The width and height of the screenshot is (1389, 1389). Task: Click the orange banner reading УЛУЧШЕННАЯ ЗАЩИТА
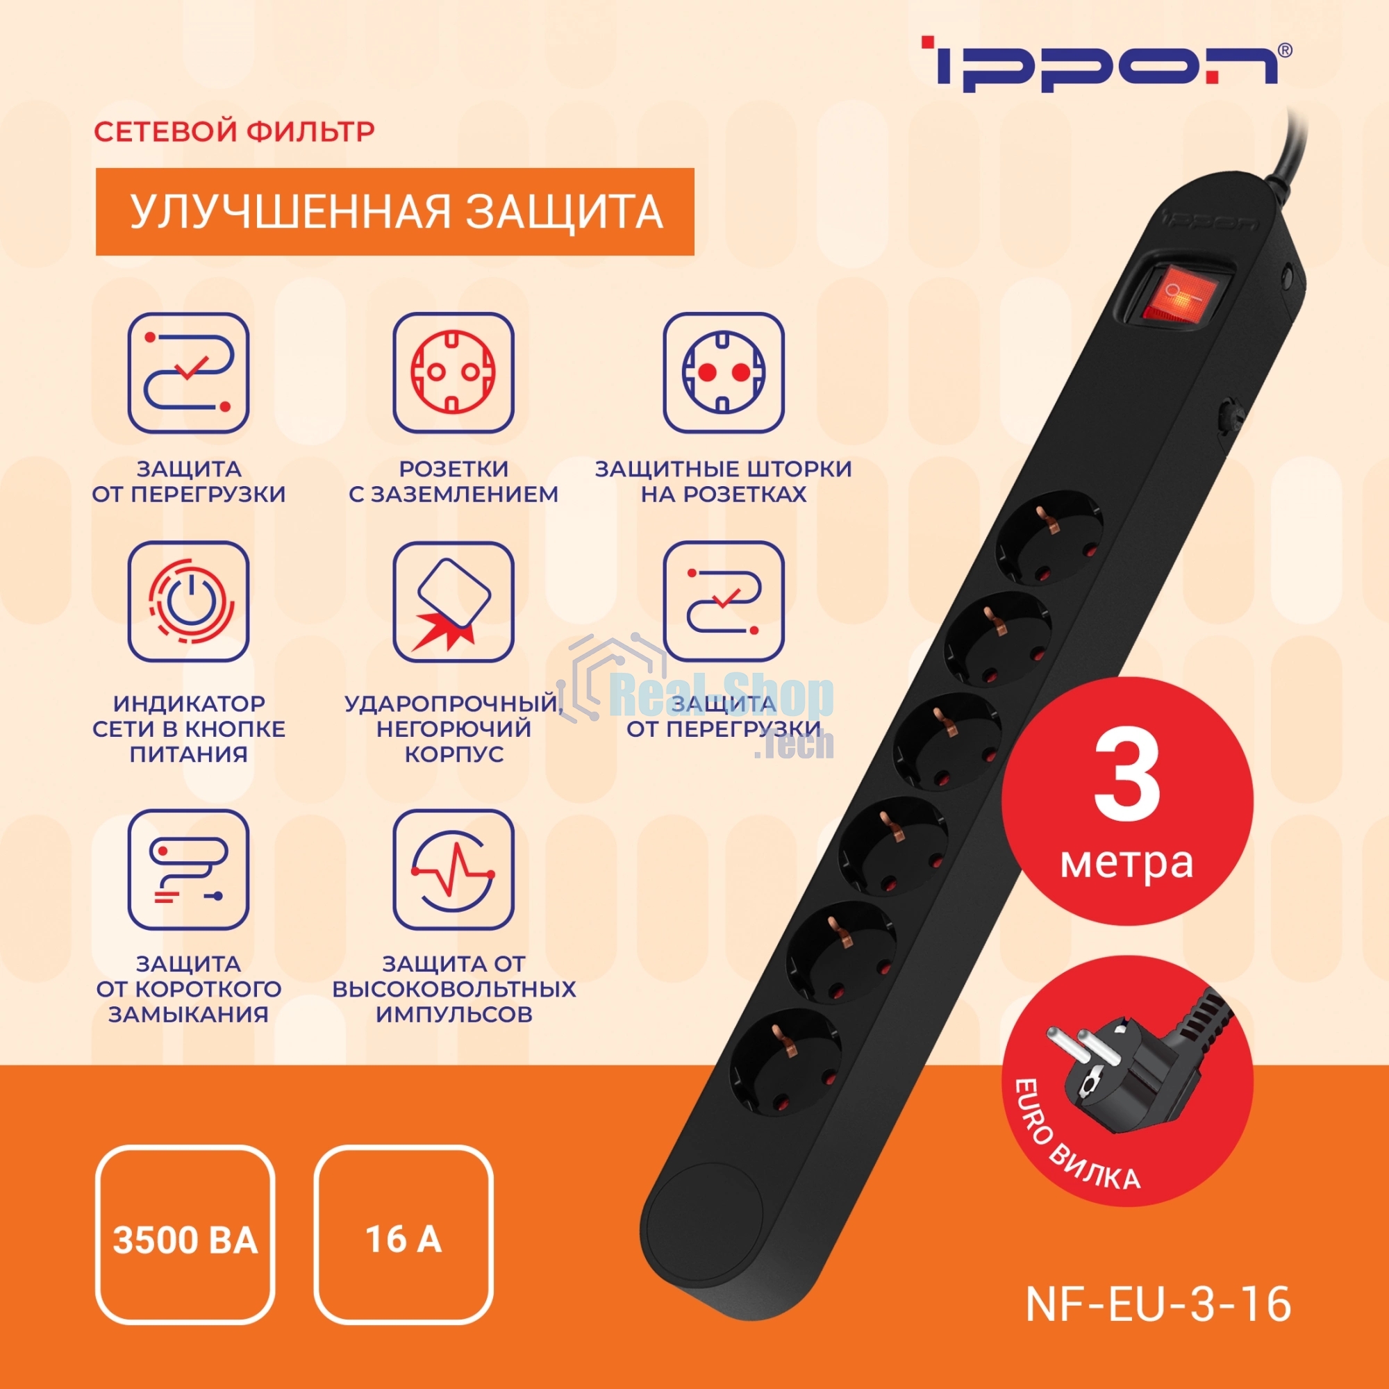point(394,211)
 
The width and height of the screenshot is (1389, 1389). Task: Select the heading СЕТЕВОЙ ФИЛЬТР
point(233,131)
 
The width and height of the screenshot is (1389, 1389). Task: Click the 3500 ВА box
point(185,1240)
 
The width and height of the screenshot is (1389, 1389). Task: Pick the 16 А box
point(404,1240)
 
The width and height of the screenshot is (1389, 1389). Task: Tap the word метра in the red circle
point(1126,863)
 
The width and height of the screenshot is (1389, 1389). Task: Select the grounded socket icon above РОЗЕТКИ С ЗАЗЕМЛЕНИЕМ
point(453,372)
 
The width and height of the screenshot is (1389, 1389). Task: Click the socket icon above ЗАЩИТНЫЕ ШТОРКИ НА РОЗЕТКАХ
point(723,372)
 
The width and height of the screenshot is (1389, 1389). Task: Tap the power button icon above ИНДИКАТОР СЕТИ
point(188,601)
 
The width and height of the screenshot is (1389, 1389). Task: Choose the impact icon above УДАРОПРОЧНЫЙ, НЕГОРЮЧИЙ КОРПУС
point(453,601)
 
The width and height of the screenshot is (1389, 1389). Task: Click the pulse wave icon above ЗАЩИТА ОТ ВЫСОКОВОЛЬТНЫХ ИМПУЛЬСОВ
point(453,870)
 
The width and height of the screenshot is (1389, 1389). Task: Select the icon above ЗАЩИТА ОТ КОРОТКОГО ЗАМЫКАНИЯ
point(188,870)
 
